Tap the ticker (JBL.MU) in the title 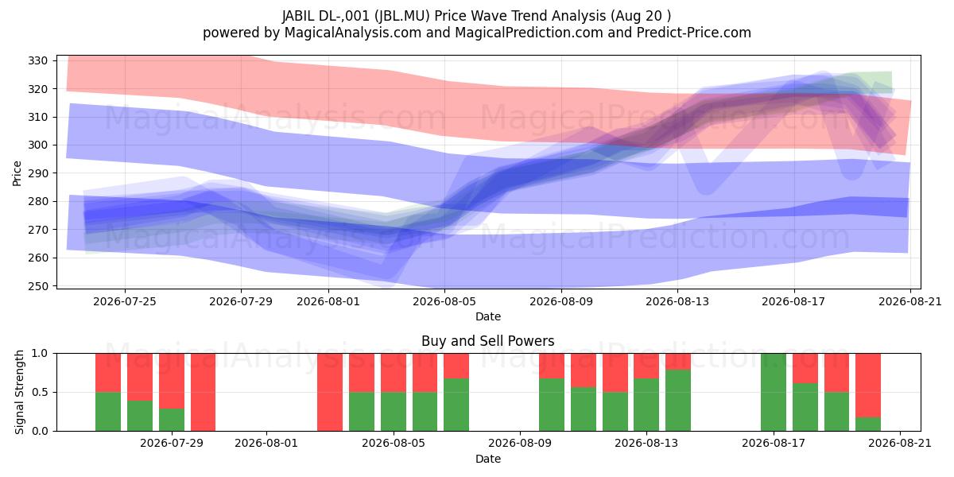[x=402, y=16]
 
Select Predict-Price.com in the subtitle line [x=694, y=33]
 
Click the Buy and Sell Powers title [x=487, y=341]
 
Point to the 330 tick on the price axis [x=37, y=61]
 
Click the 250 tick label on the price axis [x=37, y=286]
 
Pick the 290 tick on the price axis [x=37, y=173]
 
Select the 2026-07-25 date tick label [x=125, y=301]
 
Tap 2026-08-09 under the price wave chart [x=561, y=301]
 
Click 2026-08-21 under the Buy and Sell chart [x=900, y=444]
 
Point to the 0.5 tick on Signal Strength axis [x=40, y=392]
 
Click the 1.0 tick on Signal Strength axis [x=40, y=354]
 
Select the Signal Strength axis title [x=19, y=392]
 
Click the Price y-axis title [x=17, y=173]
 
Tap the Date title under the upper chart [x=488, y=316]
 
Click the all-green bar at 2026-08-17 [x=774, y=392]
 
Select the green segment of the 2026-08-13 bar [x=646, y=405]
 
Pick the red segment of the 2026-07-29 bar [x=172, y=381]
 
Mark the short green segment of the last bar [x=868, y=425]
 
